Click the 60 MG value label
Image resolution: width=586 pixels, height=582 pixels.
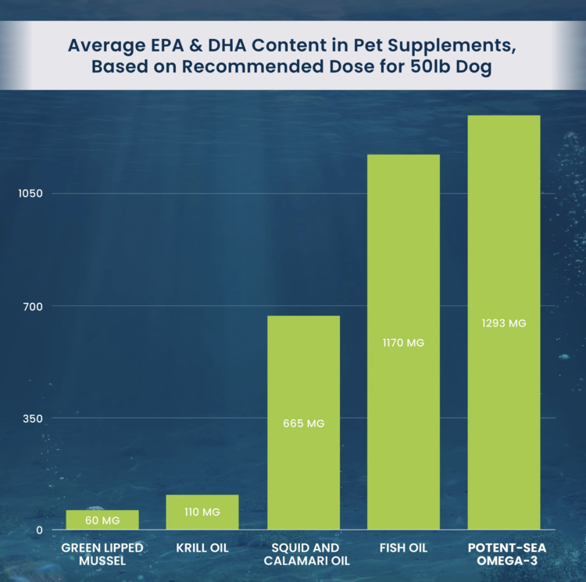click(x=102, y=520)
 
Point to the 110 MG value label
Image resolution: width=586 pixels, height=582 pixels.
click(x=202, y=512)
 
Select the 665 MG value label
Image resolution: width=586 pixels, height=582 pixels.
click(x=303, y=423)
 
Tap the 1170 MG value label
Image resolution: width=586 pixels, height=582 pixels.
click(x=403, y=342)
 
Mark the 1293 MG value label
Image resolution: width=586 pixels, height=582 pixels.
click(x=504, y=323)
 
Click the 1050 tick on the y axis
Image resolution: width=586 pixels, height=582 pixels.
click(x=32, y=194)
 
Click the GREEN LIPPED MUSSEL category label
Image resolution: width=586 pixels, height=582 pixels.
click(x=102, y=555)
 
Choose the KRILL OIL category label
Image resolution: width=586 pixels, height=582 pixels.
click(x=202, y=548)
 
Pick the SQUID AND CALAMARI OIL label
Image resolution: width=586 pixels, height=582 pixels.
click(x=303, y=555)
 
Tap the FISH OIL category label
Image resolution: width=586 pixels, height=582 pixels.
click(x=403, y=548)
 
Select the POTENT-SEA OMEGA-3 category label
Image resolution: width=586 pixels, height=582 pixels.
click(x=504, y=555)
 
